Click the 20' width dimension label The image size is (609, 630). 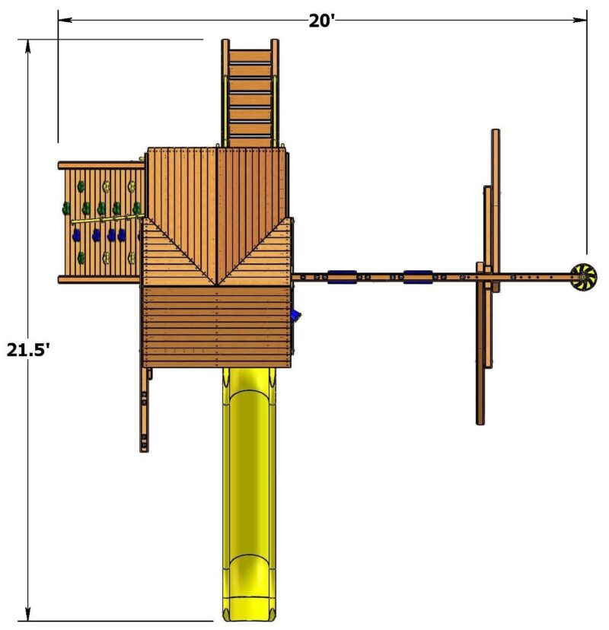point(321,21)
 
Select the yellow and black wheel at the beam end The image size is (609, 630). point(584,278)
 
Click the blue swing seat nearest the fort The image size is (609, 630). point(342,277)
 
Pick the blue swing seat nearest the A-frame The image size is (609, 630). point(418,277)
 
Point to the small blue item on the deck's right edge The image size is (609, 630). point(296,314)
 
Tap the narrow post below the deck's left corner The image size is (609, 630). point(144,411)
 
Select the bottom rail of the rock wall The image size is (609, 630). point(100,279)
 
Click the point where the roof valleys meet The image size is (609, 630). point(218,285)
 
